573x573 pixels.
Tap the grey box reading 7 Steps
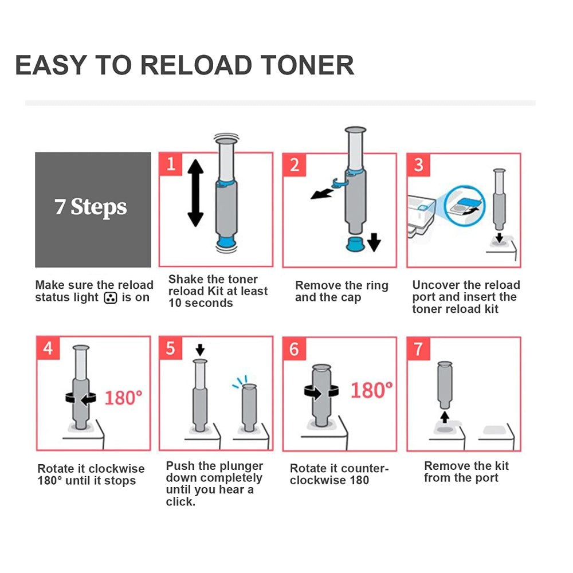(x=93, y=209)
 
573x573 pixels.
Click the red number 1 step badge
(x=170, y=164)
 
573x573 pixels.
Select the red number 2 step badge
(x=294, y=165)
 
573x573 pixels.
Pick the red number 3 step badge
(x=418, y=165)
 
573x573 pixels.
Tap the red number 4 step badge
(x=48, y=348)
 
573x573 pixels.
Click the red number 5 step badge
(x=170, y=348)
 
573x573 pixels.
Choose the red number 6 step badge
(x=294, y=348)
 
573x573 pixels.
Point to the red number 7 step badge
(x=418, y=348)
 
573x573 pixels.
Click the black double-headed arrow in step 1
(x=195, y=193)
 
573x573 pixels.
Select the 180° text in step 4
(x=123, y=397)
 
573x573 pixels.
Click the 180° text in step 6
(x=371, y=391)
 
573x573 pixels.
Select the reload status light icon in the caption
(x=109, y=297)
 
